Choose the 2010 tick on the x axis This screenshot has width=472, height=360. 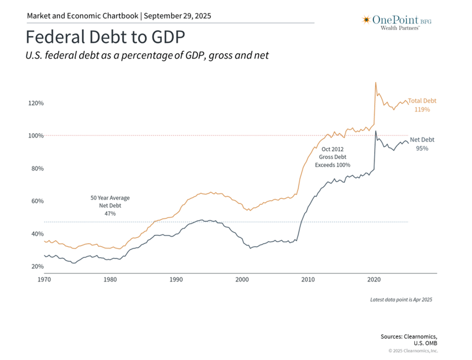pyautogui.click(x=307, y=280)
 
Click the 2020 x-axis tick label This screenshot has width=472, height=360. pyautogui.click(x=373, y=280)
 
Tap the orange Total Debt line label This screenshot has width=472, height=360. pyautogui.click(x=422, y=101)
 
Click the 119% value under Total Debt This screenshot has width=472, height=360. pyautogui.click(x=422, y=110)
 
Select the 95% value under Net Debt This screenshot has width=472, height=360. pyautogui.click(x=421, y=149)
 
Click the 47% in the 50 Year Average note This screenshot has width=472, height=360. pyautogui.click(x=110, y=213)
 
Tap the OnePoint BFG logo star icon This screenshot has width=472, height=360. pyautogui.click(x=366, y=20)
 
